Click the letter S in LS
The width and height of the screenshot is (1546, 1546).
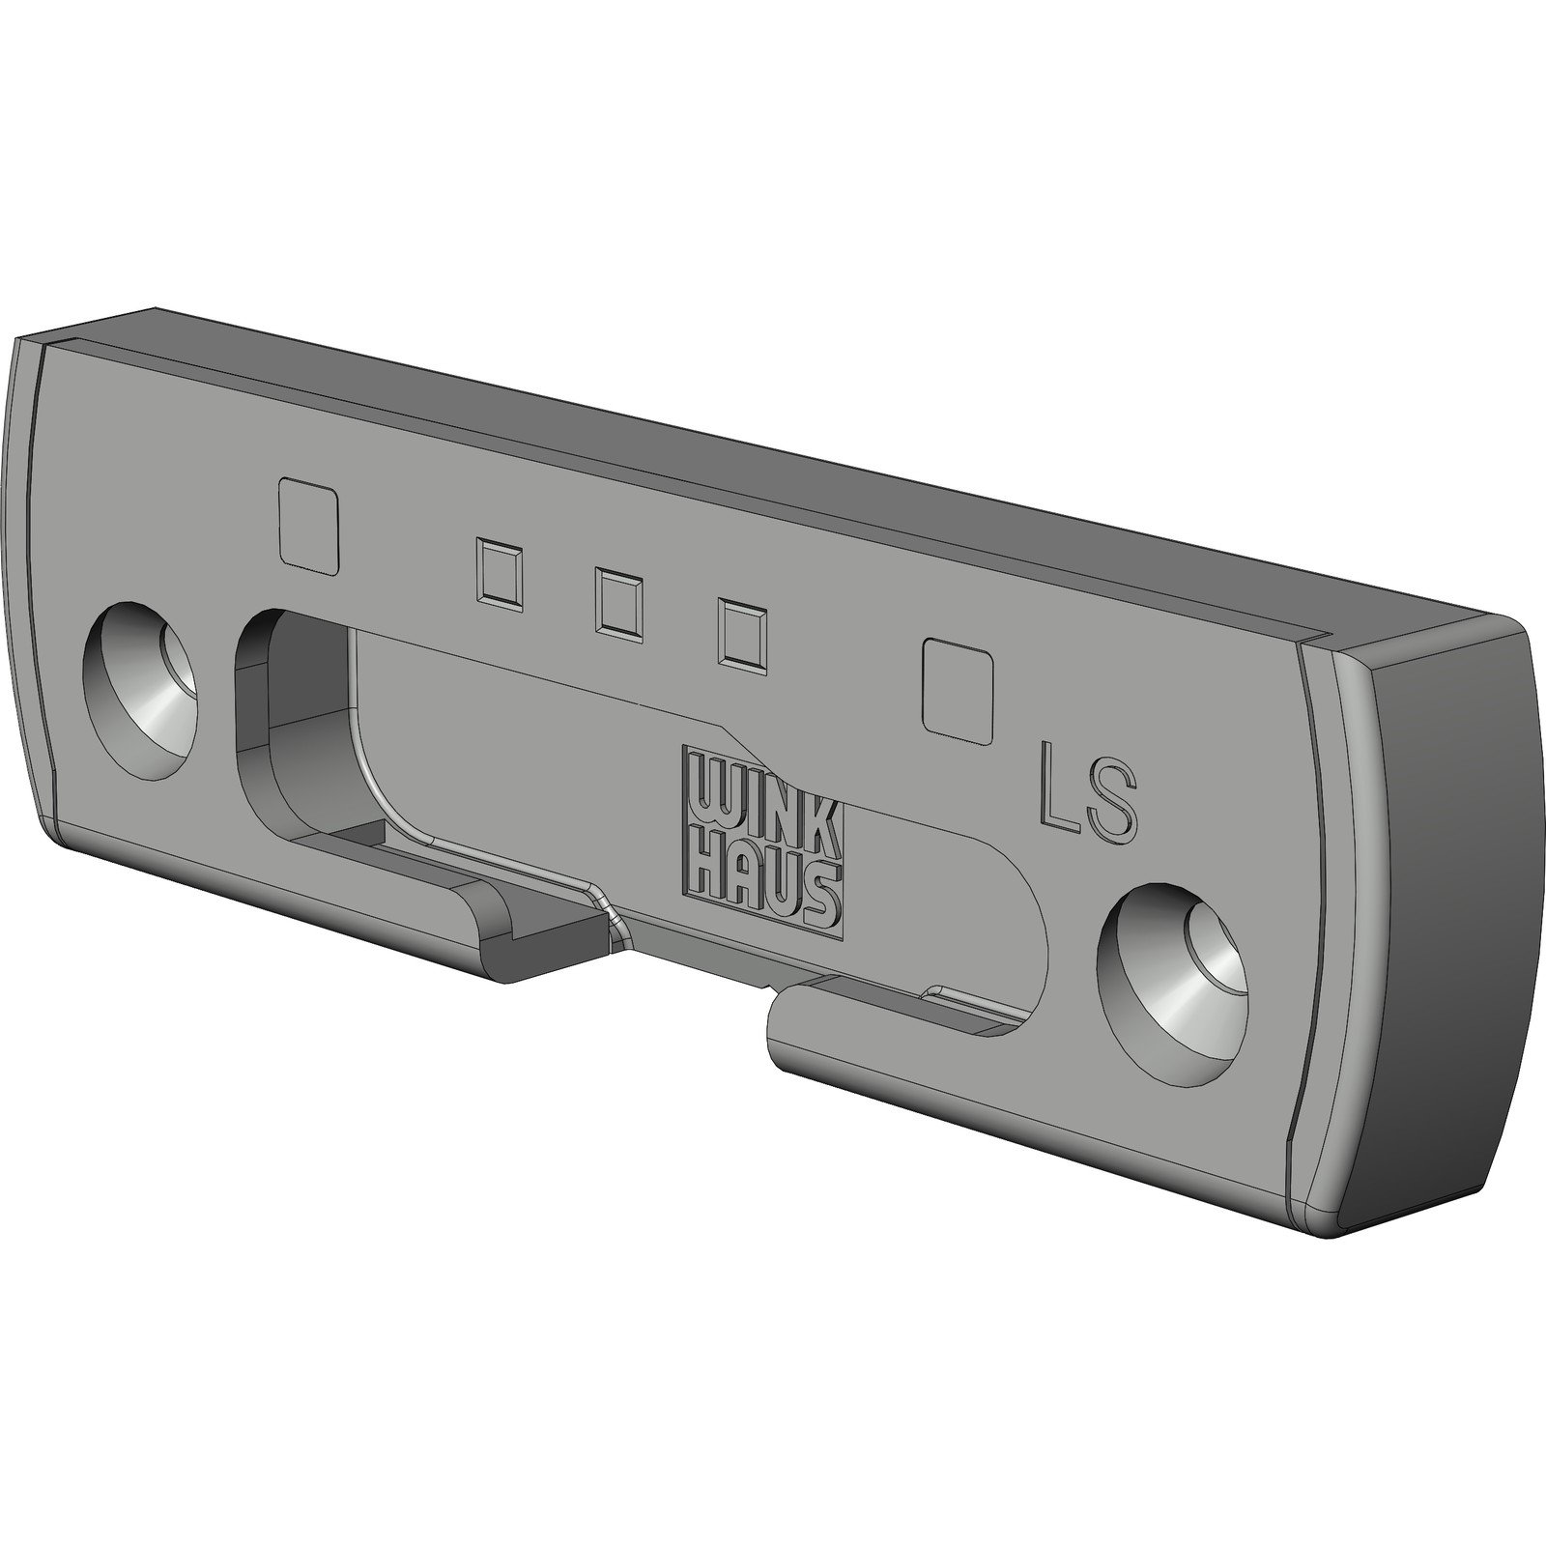click(x=1111, y=796)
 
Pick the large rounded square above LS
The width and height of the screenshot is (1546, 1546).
click(x=959, y=691)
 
